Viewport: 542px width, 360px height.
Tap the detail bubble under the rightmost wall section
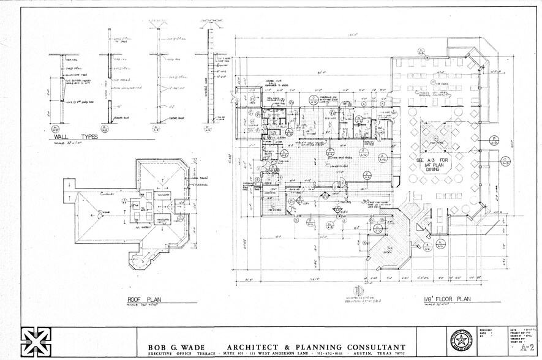tap(207, 129)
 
